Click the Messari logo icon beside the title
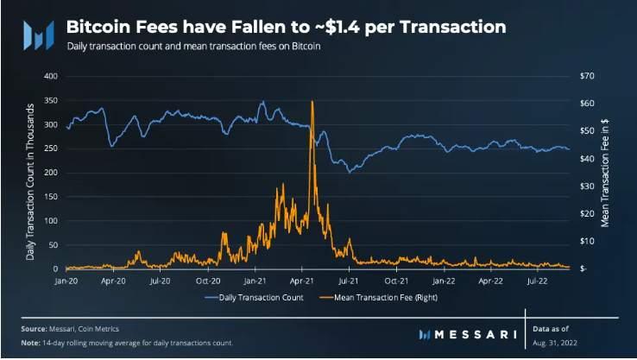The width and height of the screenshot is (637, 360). coord(39,35)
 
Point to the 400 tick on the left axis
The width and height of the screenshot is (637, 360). coord(51,76)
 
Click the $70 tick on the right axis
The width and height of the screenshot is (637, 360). coord(587,76)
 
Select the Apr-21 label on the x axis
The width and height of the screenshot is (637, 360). coord(302,281)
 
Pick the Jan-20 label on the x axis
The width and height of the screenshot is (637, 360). coord(66,281)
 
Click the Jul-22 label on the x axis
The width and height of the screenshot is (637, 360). coord(537,281)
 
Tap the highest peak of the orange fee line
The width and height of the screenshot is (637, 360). coord(312,101)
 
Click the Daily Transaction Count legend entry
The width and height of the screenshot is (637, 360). coord(254,298)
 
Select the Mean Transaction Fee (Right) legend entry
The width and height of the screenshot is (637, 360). coord(379,298)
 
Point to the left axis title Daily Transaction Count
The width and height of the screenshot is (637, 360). coord(30,181)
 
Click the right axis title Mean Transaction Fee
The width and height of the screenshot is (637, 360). coord(605,173)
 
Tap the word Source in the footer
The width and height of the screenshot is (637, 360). coord(35,329)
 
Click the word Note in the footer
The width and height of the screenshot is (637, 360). coord(30,343)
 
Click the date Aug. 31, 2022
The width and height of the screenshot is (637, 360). coord(554,343)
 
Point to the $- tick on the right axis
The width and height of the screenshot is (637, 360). coord(583,269)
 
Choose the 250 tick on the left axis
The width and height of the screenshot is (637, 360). coord(51,148)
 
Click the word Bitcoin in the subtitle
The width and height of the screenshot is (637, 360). coord(306,47)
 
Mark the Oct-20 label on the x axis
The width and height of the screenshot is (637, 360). coord(208,281)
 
